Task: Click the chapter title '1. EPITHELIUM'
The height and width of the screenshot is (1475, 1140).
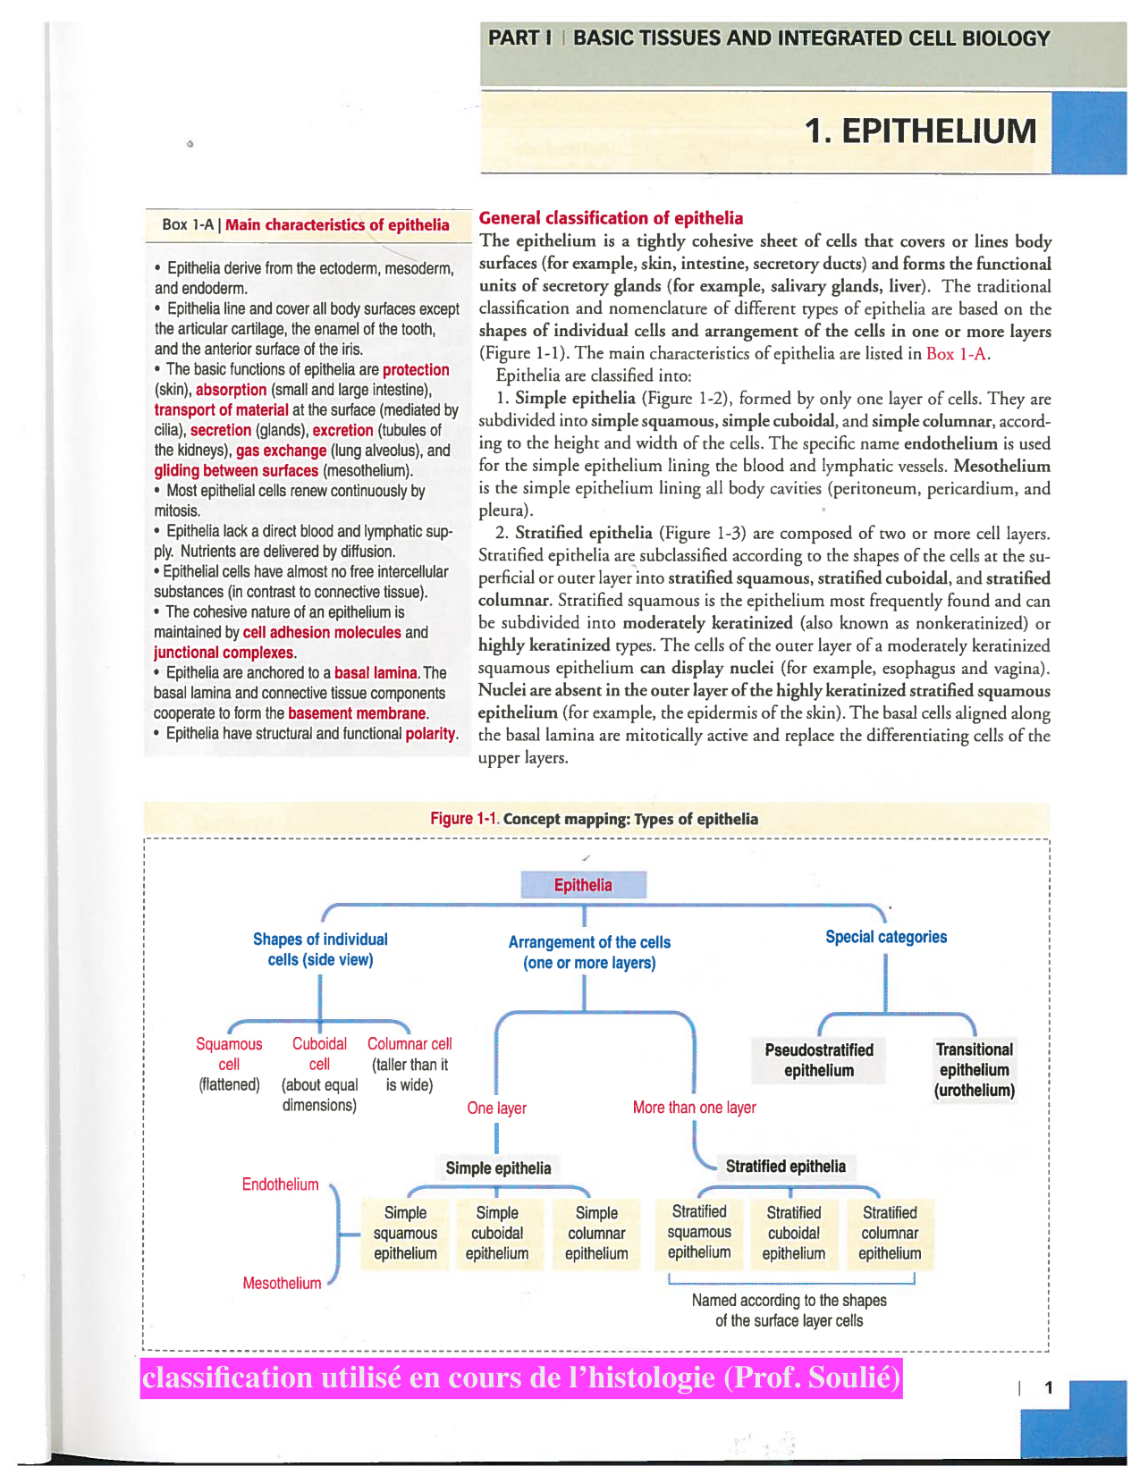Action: coord(920,131)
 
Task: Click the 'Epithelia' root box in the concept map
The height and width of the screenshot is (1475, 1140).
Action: coord(583,885)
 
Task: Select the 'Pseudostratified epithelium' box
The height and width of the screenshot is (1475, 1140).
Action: coord(819,1060)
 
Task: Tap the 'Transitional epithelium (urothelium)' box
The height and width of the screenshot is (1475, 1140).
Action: coord(974,1070)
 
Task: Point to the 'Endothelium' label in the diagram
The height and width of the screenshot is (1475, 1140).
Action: coord(280,1184)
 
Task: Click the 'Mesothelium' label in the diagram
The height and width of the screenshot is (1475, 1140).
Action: coord(282,1283)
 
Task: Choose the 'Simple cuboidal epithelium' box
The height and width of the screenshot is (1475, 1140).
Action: coord(497,1233)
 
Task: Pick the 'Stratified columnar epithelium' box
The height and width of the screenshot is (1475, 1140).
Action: coord(889,1233)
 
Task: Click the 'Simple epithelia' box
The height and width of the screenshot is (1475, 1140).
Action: coord(498,1167)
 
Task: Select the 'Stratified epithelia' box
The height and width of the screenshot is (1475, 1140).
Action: coord(785,1166)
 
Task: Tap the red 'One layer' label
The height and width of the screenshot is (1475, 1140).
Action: coord(496,1108)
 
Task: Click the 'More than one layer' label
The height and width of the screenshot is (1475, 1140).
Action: coord(694,1108)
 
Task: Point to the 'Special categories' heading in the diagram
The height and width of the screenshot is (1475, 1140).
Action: coord(885,937)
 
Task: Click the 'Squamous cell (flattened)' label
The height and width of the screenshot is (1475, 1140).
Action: coord(229,1064)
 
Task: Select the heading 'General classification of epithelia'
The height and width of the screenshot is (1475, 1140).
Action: coord(611,218)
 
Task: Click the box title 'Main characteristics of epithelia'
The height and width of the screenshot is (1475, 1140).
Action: coord(337,224)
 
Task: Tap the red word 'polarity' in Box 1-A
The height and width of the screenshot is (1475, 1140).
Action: coord(430,734)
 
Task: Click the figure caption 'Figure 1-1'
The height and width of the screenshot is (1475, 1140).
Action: coord(463,819)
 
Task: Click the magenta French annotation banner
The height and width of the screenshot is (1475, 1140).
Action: coord(520,1378)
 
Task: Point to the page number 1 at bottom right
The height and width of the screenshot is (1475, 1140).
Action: coord(1049,1387)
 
